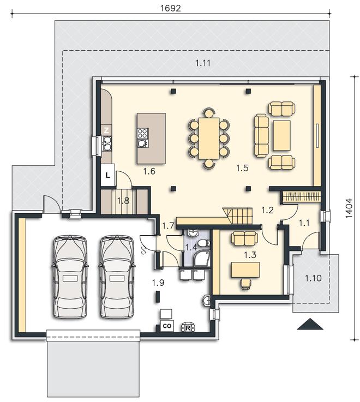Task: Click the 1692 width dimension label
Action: (170, 8)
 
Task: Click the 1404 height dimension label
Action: (349, 208)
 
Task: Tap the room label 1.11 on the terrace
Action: (203, 63)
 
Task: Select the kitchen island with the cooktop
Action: (151, 139)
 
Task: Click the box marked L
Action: (107, 175)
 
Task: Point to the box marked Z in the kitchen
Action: (107, 130)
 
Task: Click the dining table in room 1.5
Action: (209, 138)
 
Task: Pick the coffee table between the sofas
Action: (281, 136)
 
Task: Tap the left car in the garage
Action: (70, 277)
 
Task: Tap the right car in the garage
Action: (117, 277)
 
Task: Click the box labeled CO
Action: (167, 326)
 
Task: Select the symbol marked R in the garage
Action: (188, 327)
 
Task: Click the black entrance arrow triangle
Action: (310, 324)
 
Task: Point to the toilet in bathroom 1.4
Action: (205, 243)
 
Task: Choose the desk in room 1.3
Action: (245, 269)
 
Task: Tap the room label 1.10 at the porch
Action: (313, 278)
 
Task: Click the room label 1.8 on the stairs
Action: (123, 201)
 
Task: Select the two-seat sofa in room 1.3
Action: (244, 238)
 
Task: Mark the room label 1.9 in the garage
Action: (158, 283)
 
